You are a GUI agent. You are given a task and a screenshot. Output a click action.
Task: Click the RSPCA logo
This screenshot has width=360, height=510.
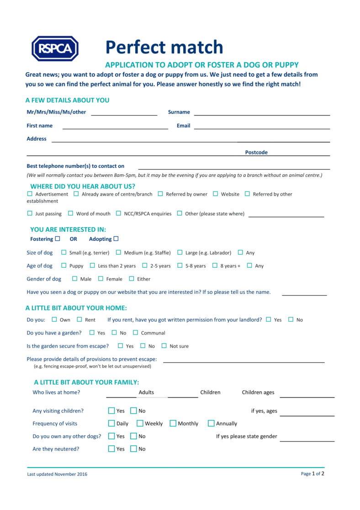(x=55, y=48)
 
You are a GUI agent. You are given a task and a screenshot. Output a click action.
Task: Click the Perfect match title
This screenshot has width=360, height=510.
(x=164, y=47)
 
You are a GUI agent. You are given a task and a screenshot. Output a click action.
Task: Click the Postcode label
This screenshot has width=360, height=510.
(x=256, y=153)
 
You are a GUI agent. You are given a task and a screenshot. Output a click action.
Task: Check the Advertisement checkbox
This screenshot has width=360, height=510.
(x=30, y=194)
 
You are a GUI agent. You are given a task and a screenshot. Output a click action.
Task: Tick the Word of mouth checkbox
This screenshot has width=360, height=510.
(x=71, y=213)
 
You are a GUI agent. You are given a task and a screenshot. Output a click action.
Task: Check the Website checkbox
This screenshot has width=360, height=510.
(x=216, y=194)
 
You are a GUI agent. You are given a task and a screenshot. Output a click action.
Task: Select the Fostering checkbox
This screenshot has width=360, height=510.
(x=58, y=239)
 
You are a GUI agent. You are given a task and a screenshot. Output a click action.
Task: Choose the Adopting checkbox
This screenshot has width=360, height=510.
(x=116, y=239)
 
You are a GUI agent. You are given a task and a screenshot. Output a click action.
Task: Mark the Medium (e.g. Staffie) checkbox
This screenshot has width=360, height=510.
(x=118, y=252)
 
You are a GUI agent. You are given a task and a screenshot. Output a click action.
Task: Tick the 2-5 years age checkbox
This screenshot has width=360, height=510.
(x=145, y=266)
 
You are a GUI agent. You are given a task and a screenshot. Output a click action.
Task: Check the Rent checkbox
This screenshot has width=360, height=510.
(x=79, y=319)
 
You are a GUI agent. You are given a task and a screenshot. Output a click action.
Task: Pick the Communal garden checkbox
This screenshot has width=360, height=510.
(x=135, y=333)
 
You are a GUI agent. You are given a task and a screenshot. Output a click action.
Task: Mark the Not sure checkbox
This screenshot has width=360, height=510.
(x=164, y=346)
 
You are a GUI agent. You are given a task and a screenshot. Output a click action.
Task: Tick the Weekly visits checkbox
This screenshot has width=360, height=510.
(x=140, y=423)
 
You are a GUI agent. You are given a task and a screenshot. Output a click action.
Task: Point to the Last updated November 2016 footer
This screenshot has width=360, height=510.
(x=57, y=474)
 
